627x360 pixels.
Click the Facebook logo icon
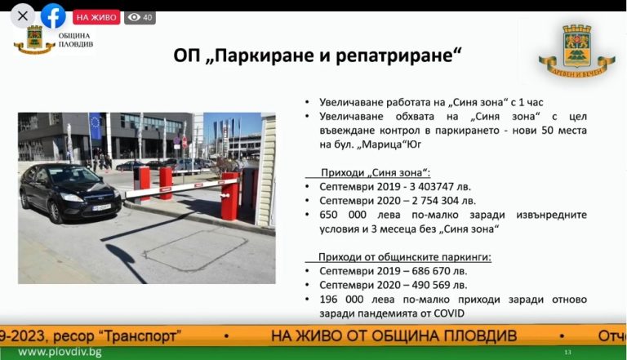click(x=53, y=16)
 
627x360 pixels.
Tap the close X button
click(x=23, y=16)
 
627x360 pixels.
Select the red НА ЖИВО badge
click(x=96, y=17)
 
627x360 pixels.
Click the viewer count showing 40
click(x=140, y=17)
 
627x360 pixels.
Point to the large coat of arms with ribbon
click(x=576, y=51)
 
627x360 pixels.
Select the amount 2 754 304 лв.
click(x=444, y=201)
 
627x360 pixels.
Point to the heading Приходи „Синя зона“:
click(x=376, y=173)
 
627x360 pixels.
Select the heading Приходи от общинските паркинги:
click(x=405, y=257)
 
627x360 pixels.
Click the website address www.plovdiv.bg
click(x=60, y=353)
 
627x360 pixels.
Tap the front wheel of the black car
click(x=55, y=212)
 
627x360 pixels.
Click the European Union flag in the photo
click(x=96, y=126)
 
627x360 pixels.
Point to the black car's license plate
click(x=101, y=207)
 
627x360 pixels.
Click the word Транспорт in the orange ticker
click(x=141, y=336)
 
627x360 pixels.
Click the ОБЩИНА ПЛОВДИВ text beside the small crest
click(x=76, y=40)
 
